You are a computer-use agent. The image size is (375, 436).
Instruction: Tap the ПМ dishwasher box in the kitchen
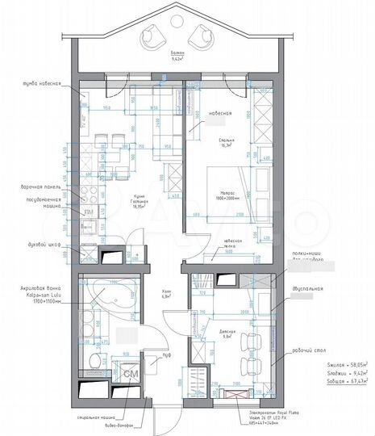click(90, 212)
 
